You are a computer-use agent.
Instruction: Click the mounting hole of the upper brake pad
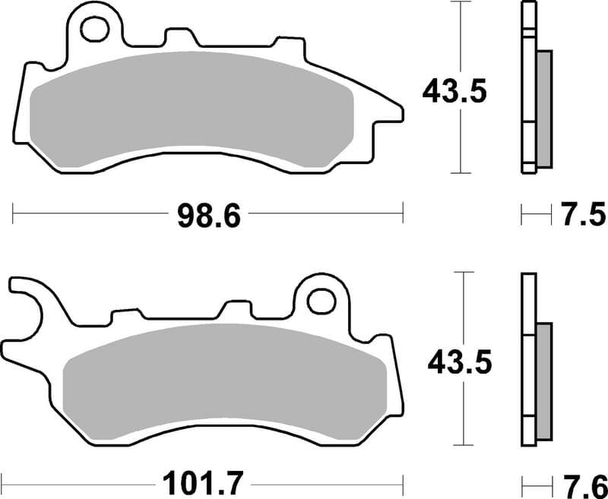click(95, 29)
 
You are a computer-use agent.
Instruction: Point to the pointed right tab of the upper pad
click(391, 114)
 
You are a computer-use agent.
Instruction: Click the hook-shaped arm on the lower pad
click(27, 304)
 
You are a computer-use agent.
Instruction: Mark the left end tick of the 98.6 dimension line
click(13, 214)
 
